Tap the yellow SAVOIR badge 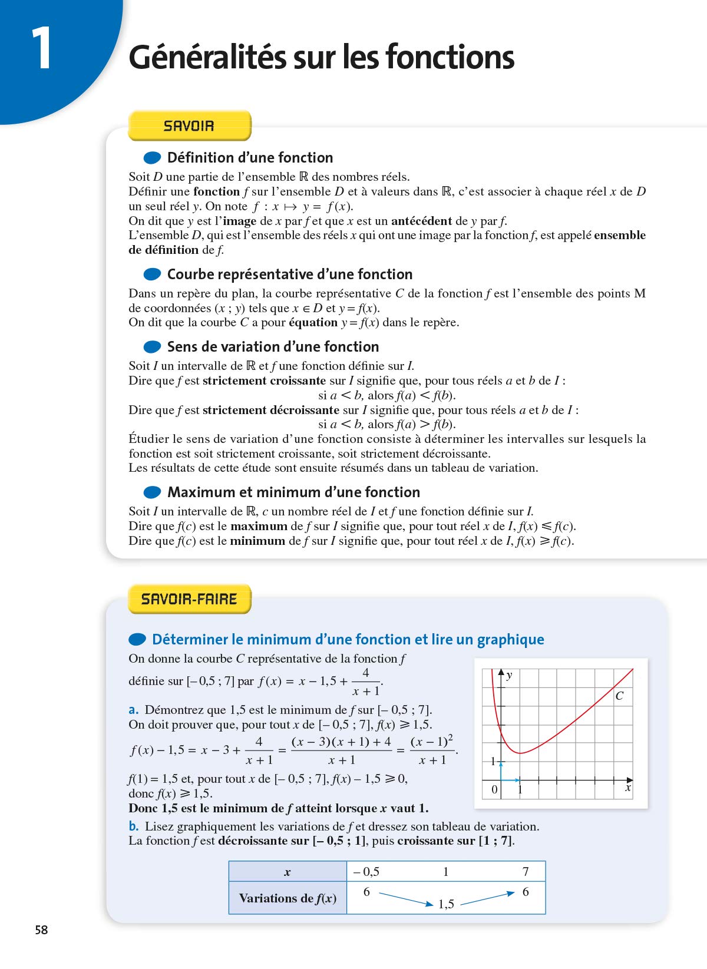pyautogui.click(x=189, y=125)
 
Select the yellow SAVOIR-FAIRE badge pyautogui.click(x=189, y=599)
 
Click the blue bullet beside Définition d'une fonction pyautogui.click(x=152, y=158)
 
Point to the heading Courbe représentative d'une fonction pyautogui.click(x=289, y=275)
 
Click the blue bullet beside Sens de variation pyautogui.click(x=152, y=347)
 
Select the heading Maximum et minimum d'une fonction pyautogui.click(x=293, y=492)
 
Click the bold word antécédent pyautogui.click(x=421, y=221)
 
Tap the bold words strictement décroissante pyautogui.click(x=271, y=410)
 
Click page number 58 pyautogui.click(x=41, y=930)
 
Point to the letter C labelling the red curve pyautogui.click(x=619, y=696)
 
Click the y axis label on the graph pyautogui.click(x=510, y=676)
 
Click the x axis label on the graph pyautogui.click(x=628, y=788)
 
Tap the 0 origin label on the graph pyautogui.click(x=494, y=789)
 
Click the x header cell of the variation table pyautogui.click(x=288, y=872)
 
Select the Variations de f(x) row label pyautogui.click(x=288, y=898)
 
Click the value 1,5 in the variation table pyautogui.click(x=446, y=904)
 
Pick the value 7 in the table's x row pyautogui.click(x=526, y=872)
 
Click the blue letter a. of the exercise pyautogui.click(x=134, y=710)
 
